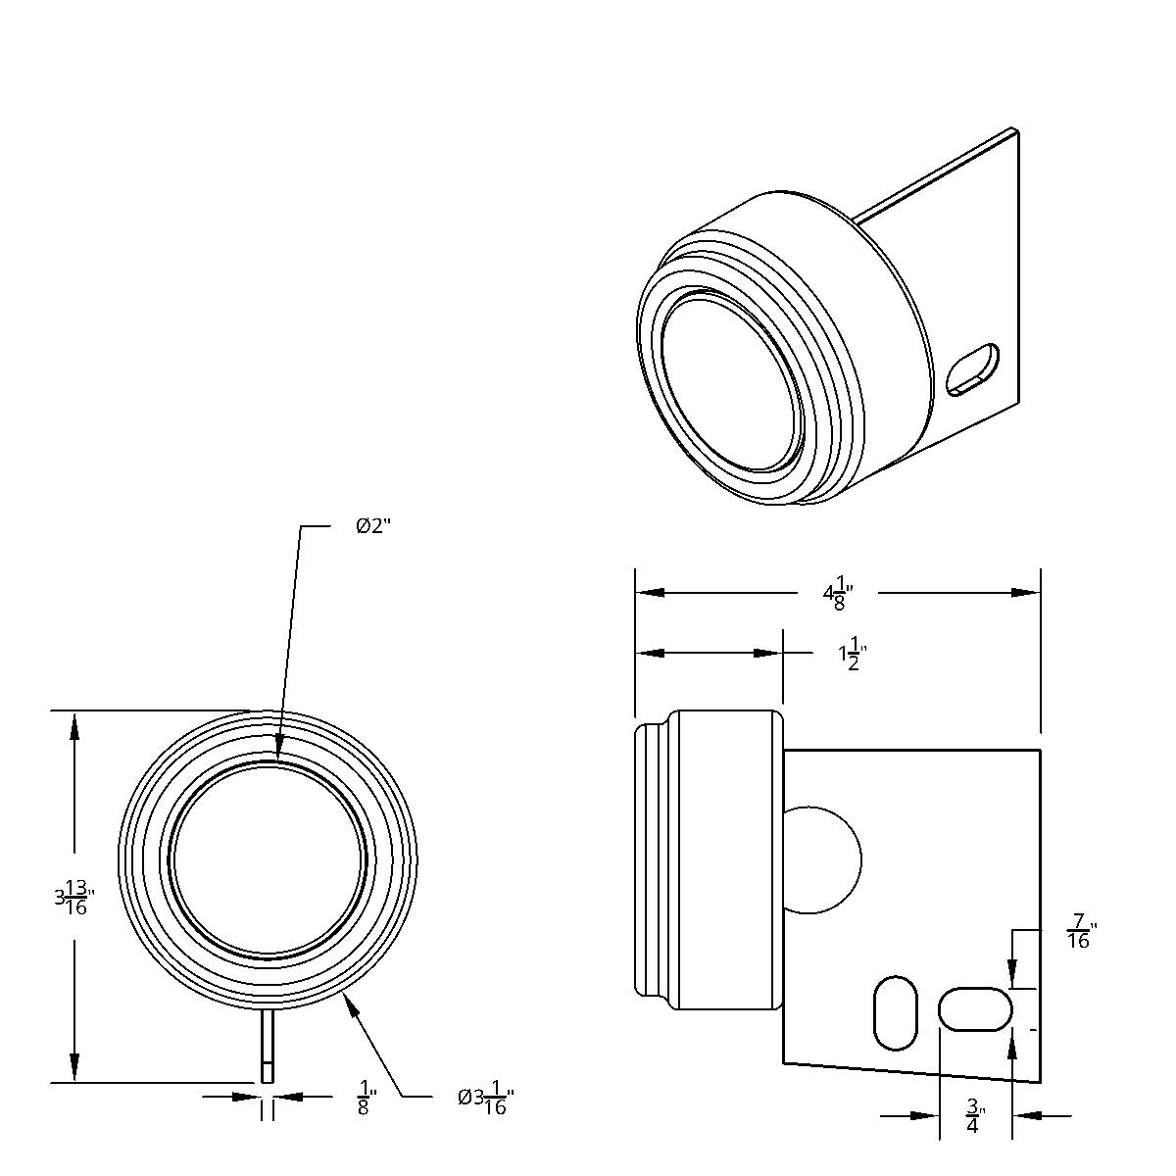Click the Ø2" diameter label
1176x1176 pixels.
(373, 526)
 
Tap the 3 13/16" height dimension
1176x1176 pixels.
(74, 897)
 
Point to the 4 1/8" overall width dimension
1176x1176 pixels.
(839, 593)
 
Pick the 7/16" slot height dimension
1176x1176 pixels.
(1080, 931)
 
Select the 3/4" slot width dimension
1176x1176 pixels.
(974, 1116)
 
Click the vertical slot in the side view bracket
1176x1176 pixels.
(895, 1012)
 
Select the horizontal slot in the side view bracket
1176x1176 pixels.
(975, 1008)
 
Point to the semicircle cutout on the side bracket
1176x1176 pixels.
(823, 860)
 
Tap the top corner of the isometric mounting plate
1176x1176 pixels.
(1013, 129)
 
